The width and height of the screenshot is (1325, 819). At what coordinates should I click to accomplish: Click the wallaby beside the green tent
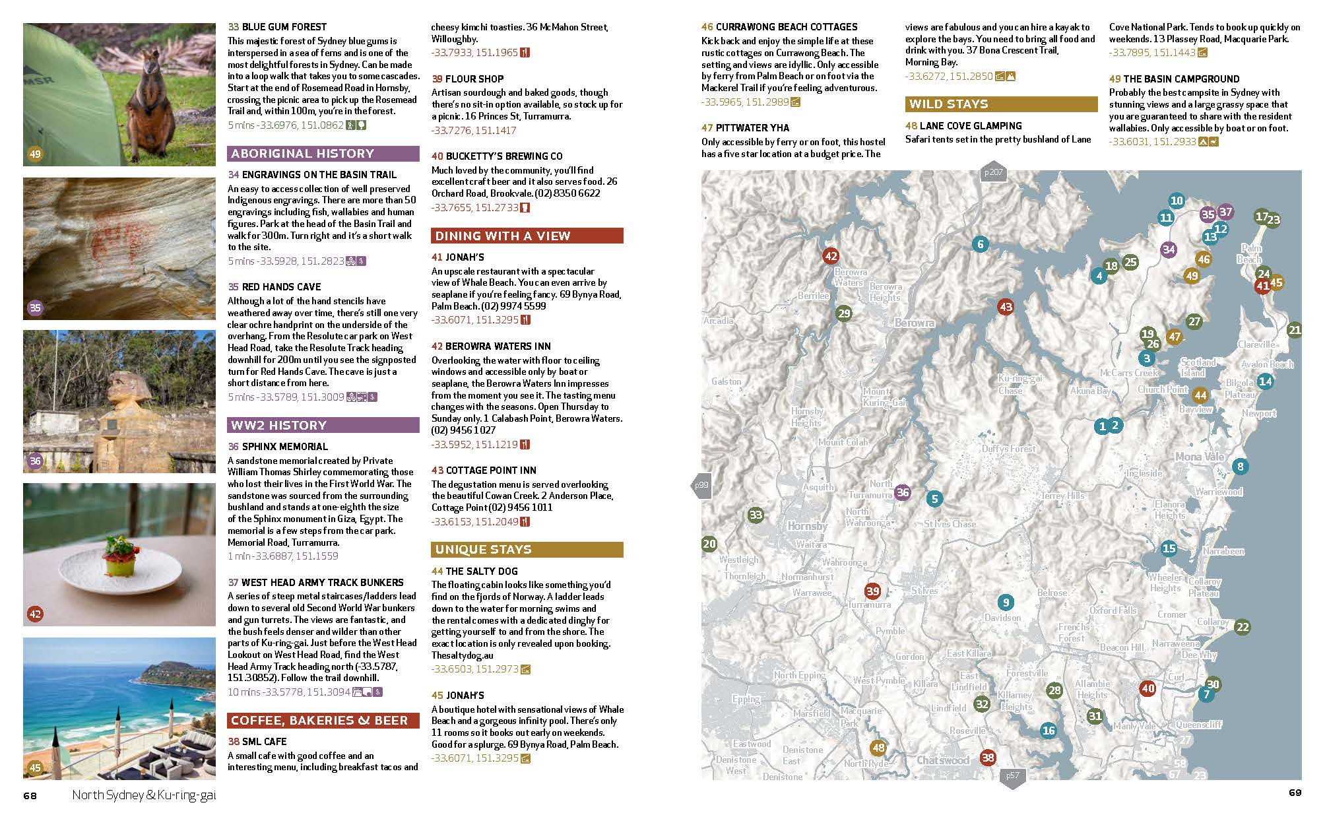[x=156, y=99]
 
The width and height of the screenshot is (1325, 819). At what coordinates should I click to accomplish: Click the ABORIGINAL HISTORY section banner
[x=323, y=154]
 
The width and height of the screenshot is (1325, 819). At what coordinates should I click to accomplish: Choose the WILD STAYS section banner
[x=1001, y=104]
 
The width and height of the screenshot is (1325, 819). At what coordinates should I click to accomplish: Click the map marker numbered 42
[x=831, y=256]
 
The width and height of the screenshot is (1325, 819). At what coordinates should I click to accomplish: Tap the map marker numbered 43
[x=1006, y=306]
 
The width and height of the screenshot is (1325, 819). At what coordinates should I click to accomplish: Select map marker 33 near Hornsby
[x=756, y=515]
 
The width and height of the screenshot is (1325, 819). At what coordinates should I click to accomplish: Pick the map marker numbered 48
[x=878, y=748]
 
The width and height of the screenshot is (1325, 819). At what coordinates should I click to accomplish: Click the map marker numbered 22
[x=1243, y=626]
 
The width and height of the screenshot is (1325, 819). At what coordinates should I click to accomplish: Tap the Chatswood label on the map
[x=943, y=760]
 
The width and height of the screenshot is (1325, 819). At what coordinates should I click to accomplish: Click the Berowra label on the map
[x=914, y=323]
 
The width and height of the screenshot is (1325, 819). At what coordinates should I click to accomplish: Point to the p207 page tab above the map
[x=993, y=173]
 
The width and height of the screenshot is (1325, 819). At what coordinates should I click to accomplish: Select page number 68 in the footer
[x=30, y=795]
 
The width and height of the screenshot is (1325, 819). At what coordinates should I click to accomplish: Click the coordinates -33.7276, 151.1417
[x=473, y=131]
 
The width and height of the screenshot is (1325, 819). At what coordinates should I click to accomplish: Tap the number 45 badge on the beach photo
[x=35, y=768]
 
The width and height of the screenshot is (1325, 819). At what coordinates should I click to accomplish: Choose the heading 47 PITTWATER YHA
[x=745, y=128]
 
